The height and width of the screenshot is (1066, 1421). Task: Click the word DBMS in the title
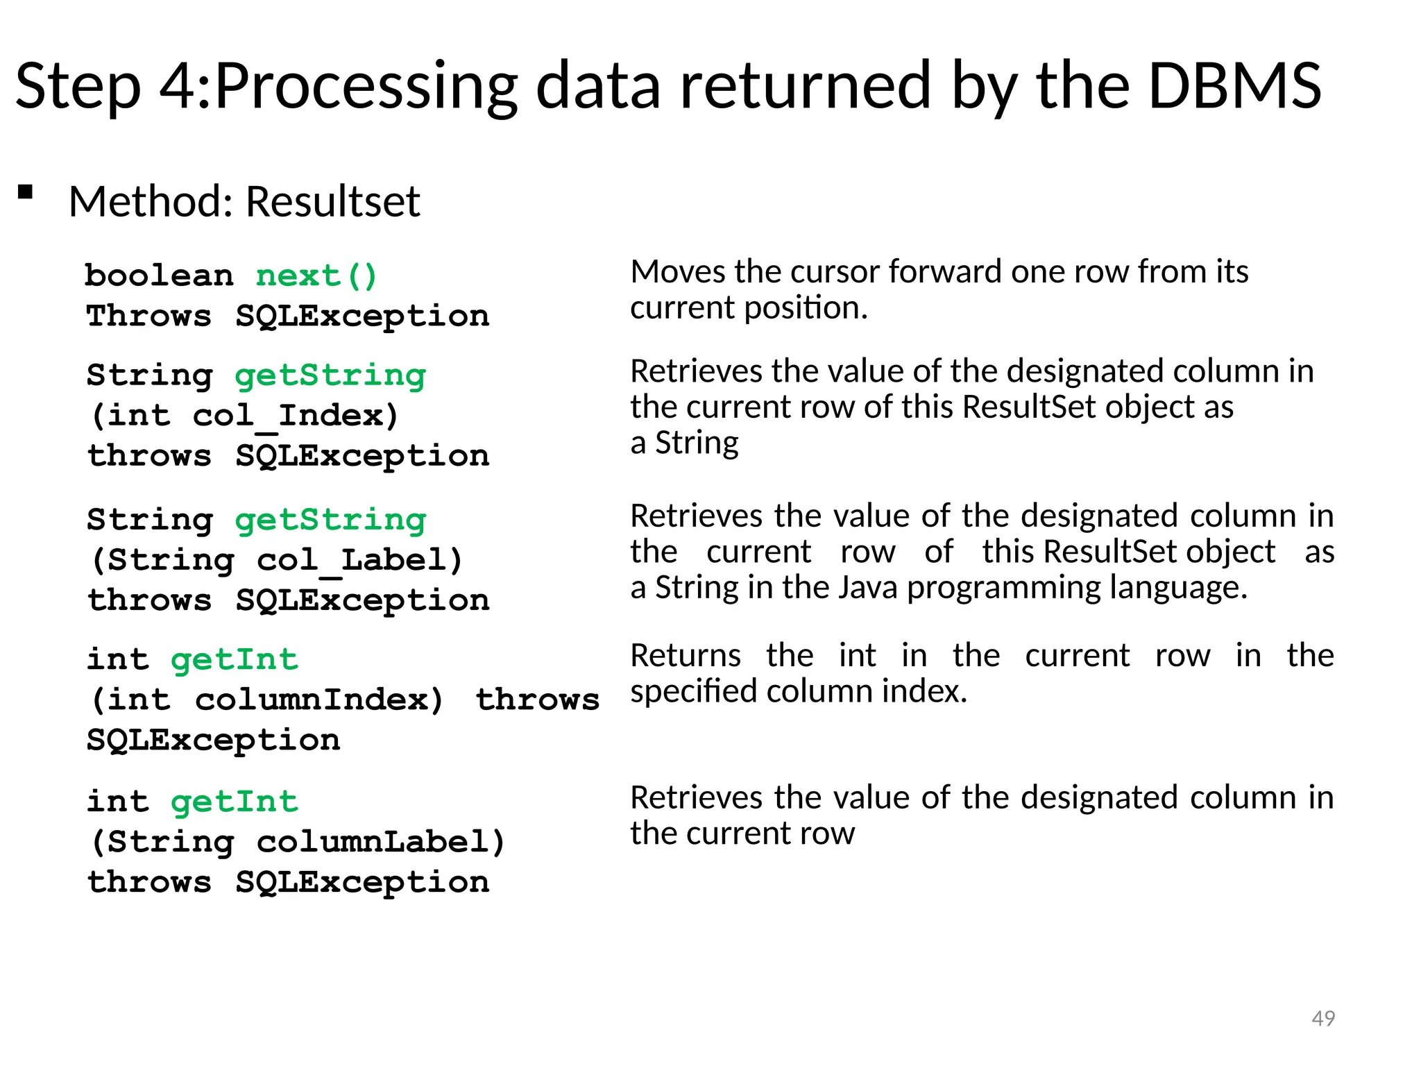tap(1234, 86)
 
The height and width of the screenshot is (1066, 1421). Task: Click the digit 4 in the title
tap(178, 86)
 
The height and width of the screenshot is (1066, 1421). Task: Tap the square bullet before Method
tap(26, 192)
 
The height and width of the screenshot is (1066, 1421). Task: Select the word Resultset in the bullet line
tap(333, 202)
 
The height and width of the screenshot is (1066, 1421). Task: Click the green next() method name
tap(316, 276)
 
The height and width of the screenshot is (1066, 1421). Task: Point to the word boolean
tap(159, 276)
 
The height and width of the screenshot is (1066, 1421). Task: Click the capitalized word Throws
tap(148, 316)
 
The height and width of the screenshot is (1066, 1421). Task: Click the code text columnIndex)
tap(319, 700)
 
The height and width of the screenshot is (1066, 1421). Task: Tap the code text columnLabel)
tap(381, 843)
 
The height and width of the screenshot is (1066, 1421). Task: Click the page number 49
tap(1323, 1018)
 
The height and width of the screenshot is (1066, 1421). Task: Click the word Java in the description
tap(868, 588)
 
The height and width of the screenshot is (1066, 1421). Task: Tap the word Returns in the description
tap(686, 656)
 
